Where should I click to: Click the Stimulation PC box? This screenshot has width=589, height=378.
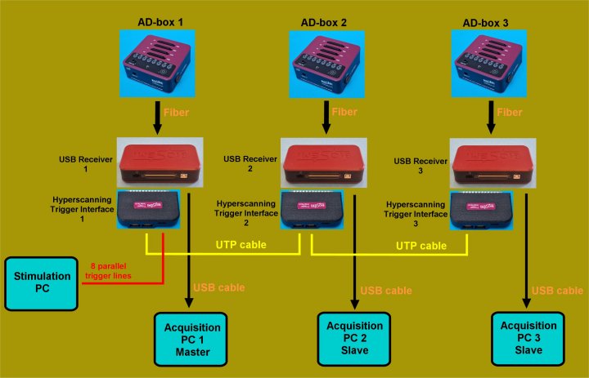coord(42,284)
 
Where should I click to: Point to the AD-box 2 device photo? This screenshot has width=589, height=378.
coord(326,61)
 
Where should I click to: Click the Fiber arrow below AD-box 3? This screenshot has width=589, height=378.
coord(492,118)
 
